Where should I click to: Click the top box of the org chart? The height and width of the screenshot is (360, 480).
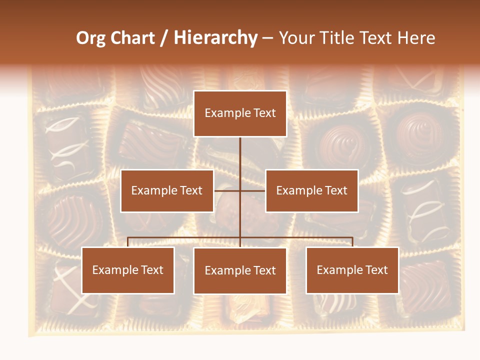tap(240, 113)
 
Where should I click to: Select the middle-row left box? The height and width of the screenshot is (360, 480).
tap(167, 190)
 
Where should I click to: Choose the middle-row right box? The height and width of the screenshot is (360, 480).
tap(312, 190)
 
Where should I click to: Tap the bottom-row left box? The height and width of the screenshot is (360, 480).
tap(128, 270)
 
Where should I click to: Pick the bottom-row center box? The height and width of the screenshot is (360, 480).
tap(240, 271)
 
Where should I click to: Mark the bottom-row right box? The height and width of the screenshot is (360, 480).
tap(352, 270)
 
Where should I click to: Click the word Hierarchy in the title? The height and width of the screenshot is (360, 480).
tap(215, 38)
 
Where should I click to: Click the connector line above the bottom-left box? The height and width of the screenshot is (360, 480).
tap(128, 242)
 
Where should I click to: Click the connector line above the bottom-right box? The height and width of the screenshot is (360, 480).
tap(352, 242)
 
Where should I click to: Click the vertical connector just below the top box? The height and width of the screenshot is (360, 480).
tap(240, 150)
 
